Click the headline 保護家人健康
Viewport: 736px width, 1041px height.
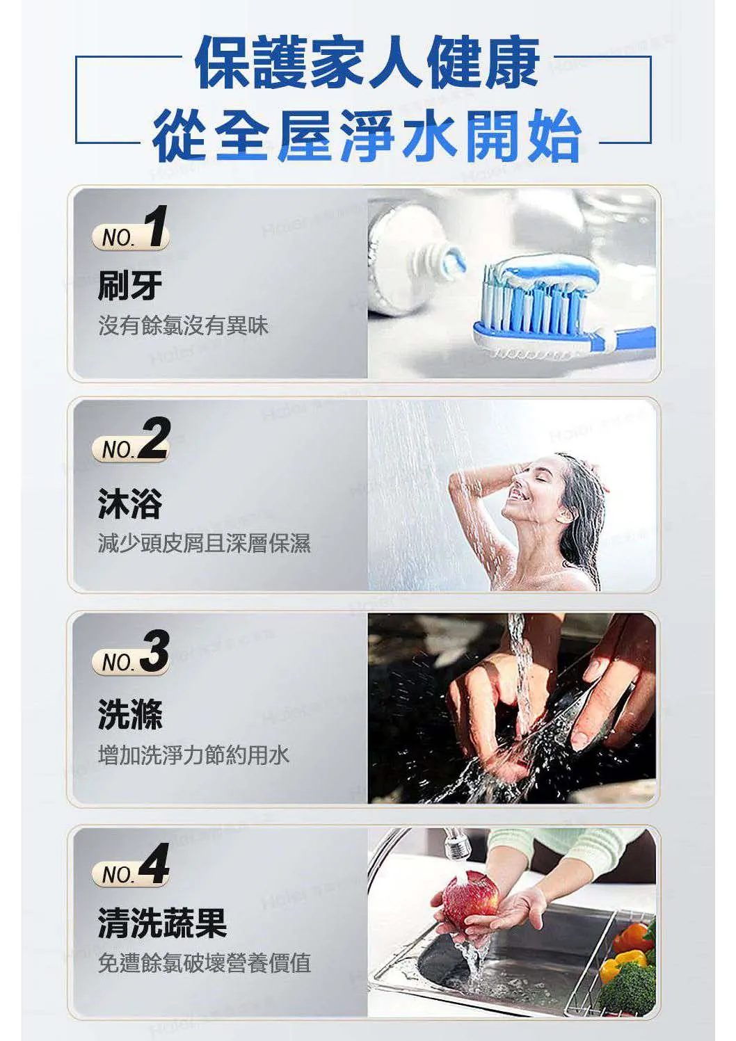pyautogui.click(x=367, y=63)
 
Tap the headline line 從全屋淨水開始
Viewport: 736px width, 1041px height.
pyautogui.click(x=367, y=136)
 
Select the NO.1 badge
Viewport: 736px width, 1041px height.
pyautogui.click(x=131, y=229)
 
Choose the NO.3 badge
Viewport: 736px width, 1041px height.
pyautogui.click(x=131, y=653)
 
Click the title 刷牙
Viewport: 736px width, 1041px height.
pyautogui.click(x=130, y=285)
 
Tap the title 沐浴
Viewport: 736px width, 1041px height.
pyautogui.click(x=130, y=503)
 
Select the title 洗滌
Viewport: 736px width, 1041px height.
pyautogui.click(x=130, y=714)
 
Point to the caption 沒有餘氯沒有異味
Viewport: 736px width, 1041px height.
pyautogui.click(x=183, y=325)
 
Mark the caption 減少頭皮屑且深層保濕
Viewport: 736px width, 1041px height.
pyautogui.click(x=204, y=543)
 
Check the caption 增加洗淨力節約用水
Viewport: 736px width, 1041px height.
pyautogui.click(x=193, y=754)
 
